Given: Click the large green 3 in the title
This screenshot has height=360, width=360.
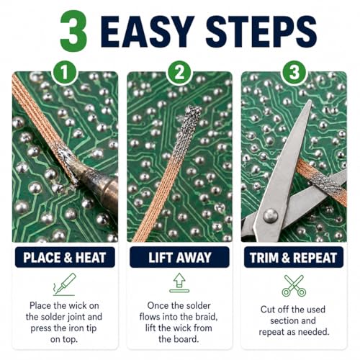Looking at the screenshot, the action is coord(73,31).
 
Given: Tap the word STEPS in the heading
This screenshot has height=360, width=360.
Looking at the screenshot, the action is coord(261,32).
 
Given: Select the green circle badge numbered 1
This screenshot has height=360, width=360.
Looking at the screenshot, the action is coord(65,73).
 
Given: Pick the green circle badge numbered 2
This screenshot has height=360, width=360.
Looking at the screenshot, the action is coord(179,73).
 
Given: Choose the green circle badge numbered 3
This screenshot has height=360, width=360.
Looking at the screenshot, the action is coord(294,72).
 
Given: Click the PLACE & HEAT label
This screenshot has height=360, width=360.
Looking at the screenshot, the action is coord(65,257).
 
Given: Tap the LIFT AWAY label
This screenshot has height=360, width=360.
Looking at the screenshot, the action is coord(179,257).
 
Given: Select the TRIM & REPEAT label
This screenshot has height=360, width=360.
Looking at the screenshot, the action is coord(294,257).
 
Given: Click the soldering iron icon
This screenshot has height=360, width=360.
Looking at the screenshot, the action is coord(65,284).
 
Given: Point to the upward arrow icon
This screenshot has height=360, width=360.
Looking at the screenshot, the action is coord(179,282).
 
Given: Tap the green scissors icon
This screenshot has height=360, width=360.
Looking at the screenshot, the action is coord(294,285).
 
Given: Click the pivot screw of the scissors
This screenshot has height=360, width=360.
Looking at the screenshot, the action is coord(271,215).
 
